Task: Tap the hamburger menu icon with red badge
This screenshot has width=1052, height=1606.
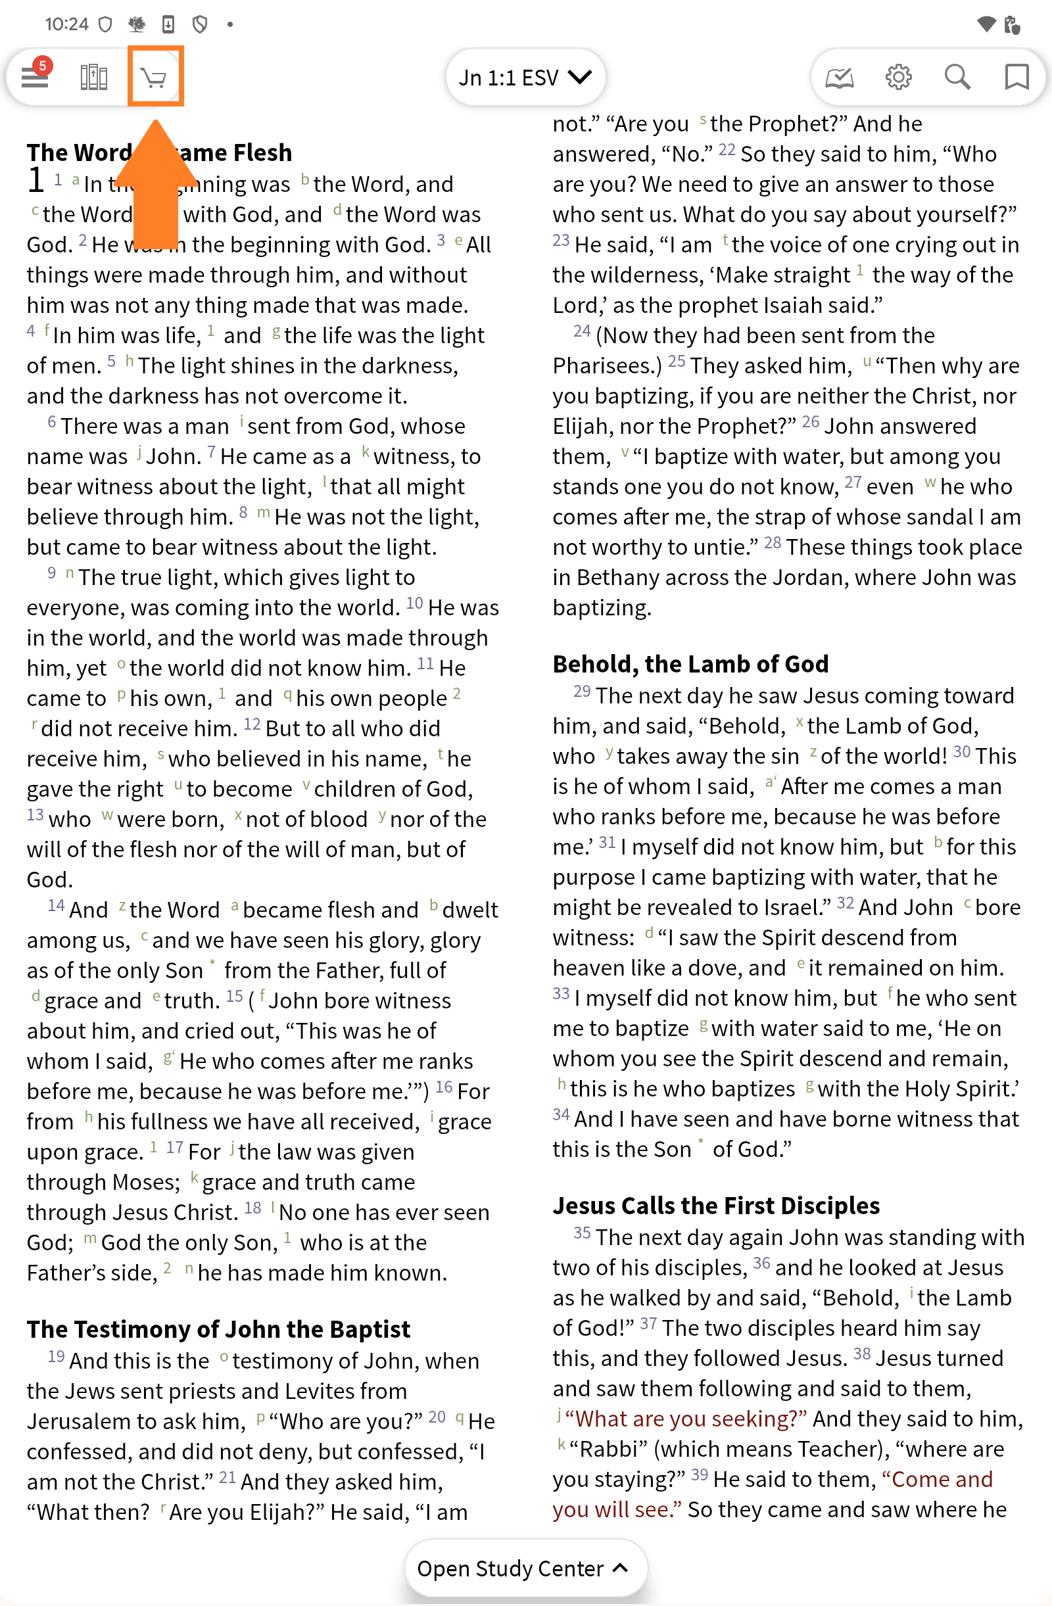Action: pos(34,77)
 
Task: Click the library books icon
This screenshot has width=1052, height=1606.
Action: pos(94,78)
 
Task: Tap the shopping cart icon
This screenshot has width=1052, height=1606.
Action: pos(155,78)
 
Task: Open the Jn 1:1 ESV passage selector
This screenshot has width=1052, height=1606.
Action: pos(525,78)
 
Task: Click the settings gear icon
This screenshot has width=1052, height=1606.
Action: pos(898,78)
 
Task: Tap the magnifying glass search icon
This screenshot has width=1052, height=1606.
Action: pos(957,78)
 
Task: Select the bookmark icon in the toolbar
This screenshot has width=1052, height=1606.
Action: pos(1016,78)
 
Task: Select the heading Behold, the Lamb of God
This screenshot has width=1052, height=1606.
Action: pos(690,664)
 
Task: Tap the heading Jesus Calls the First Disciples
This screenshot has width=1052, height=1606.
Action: pos(716,1205)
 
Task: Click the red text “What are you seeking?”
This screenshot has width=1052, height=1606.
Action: pos(686,1419)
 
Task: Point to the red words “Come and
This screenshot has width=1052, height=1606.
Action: pos(942,1479)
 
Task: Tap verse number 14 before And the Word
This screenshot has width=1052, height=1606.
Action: pos(56,906)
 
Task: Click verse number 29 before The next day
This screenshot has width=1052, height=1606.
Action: pos(582,692)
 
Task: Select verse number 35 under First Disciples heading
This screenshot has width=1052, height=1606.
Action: pos(582,1233)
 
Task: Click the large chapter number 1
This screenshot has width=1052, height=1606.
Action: pos(36,181)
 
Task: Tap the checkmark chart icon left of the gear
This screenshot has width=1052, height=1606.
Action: pos(840,78)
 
